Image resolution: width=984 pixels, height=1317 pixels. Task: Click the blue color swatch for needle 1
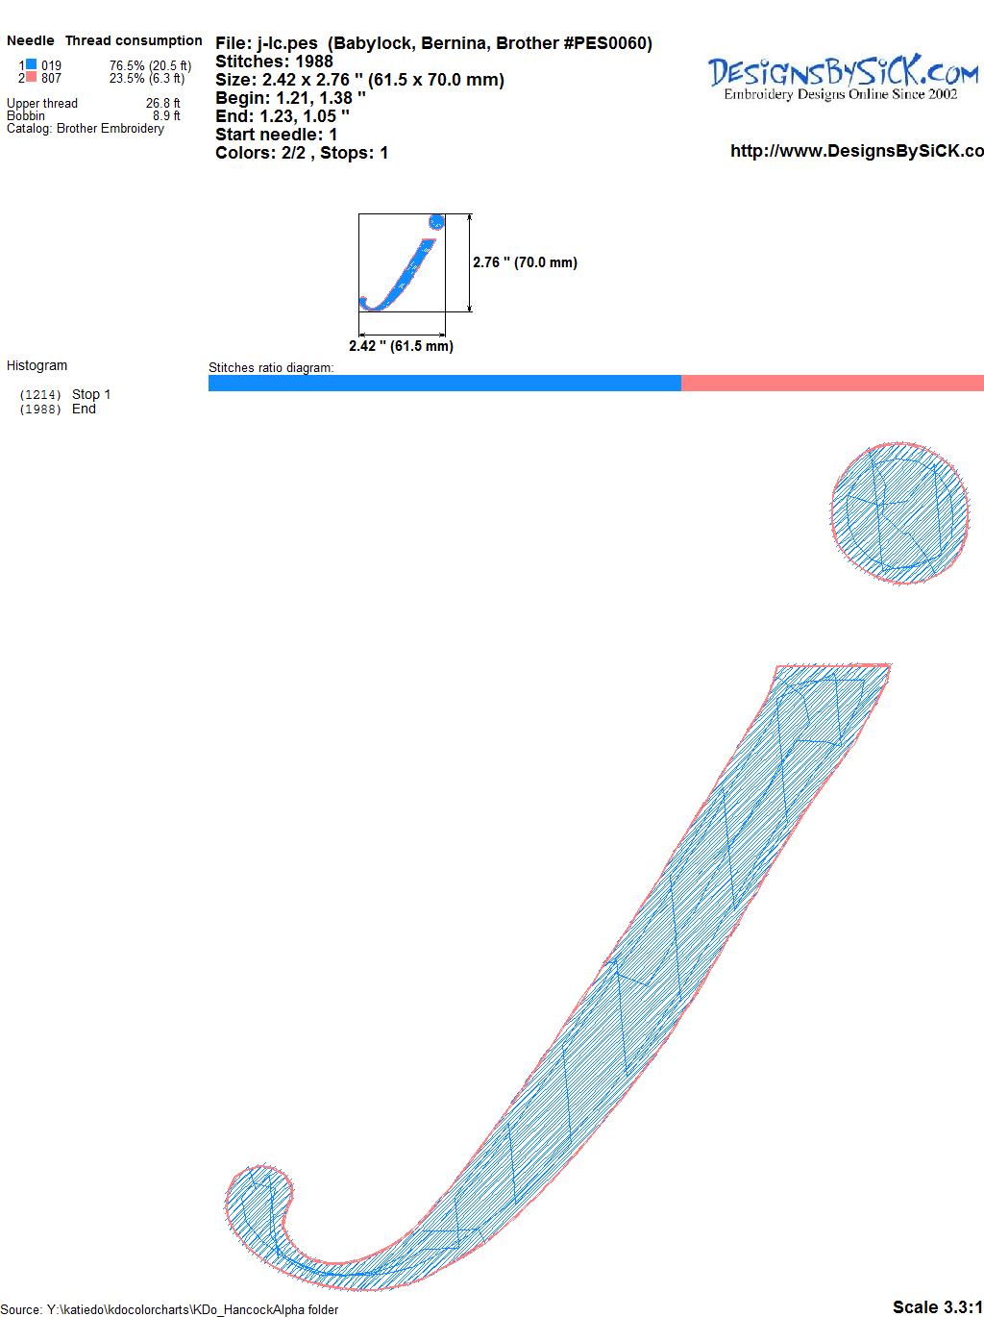click(x=31, y=64)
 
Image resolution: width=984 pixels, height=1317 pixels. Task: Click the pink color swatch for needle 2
click(x=31, y=77)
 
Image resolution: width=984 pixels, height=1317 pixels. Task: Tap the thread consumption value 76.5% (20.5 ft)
click(x=150, y=65)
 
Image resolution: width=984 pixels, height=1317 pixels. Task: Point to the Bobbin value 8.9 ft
click(x=166, y=115)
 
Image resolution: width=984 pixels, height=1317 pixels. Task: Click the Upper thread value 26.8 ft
click(x=162, y=103)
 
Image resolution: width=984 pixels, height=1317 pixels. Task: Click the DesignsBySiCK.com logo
click(x=843, y=78)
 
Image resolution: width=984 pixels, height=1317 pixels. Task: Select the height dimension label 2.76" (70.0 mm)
click(x=525, y=262)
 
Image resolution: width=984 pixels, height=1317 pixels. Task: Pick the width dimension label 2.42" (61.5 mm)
click(x=401, y=346)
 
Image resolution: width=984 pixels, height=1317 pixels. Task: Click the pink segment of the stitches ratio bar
click(x=832, y=383)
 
